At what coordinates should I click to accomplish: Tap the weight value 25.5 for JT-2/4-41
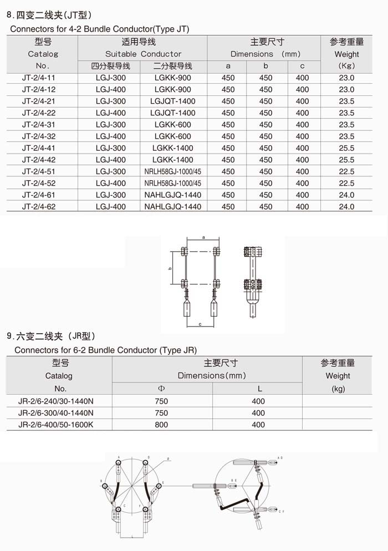(x=346, y=148)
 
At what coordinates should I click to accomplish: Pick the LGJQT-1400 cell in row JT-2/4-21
(x=172, y=101)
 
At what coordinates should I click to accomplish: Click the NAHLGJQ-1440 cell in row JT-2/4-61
(x=172, y=195)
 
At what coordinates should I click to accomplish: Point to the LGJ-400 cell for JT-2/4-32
(x=110, y=136)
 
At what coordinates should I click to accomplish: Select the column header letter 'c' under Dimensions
(x=302, y=66)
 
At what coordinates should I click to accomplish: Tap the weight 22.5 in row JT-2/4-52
(x=346, y=183)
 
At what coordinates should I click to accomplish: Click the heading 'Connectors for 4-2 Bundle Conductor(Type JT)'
(x=100, y=29)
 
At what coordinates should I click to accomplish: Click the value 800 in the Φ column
(x=161, y=425)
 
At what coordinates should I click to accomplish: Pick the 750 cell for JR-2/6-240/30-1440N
(x=161, y=401)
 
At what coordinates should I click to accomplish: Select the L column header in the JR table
(x=258, y=389)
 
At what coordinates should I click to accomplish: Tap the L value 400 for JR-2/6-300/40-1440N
(x=258, y=413)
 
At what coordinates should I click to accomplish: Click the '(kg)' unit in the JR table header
(x=338, y=389)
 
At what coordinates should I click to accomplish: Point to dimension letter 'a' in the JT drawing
(x=203, y=237)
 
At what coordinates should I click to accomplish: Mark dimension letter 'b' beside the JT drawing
(x=170, y=268)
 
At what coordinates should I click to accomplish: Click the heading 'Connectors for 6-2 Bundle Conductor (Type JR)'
(x=105, y=350)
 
